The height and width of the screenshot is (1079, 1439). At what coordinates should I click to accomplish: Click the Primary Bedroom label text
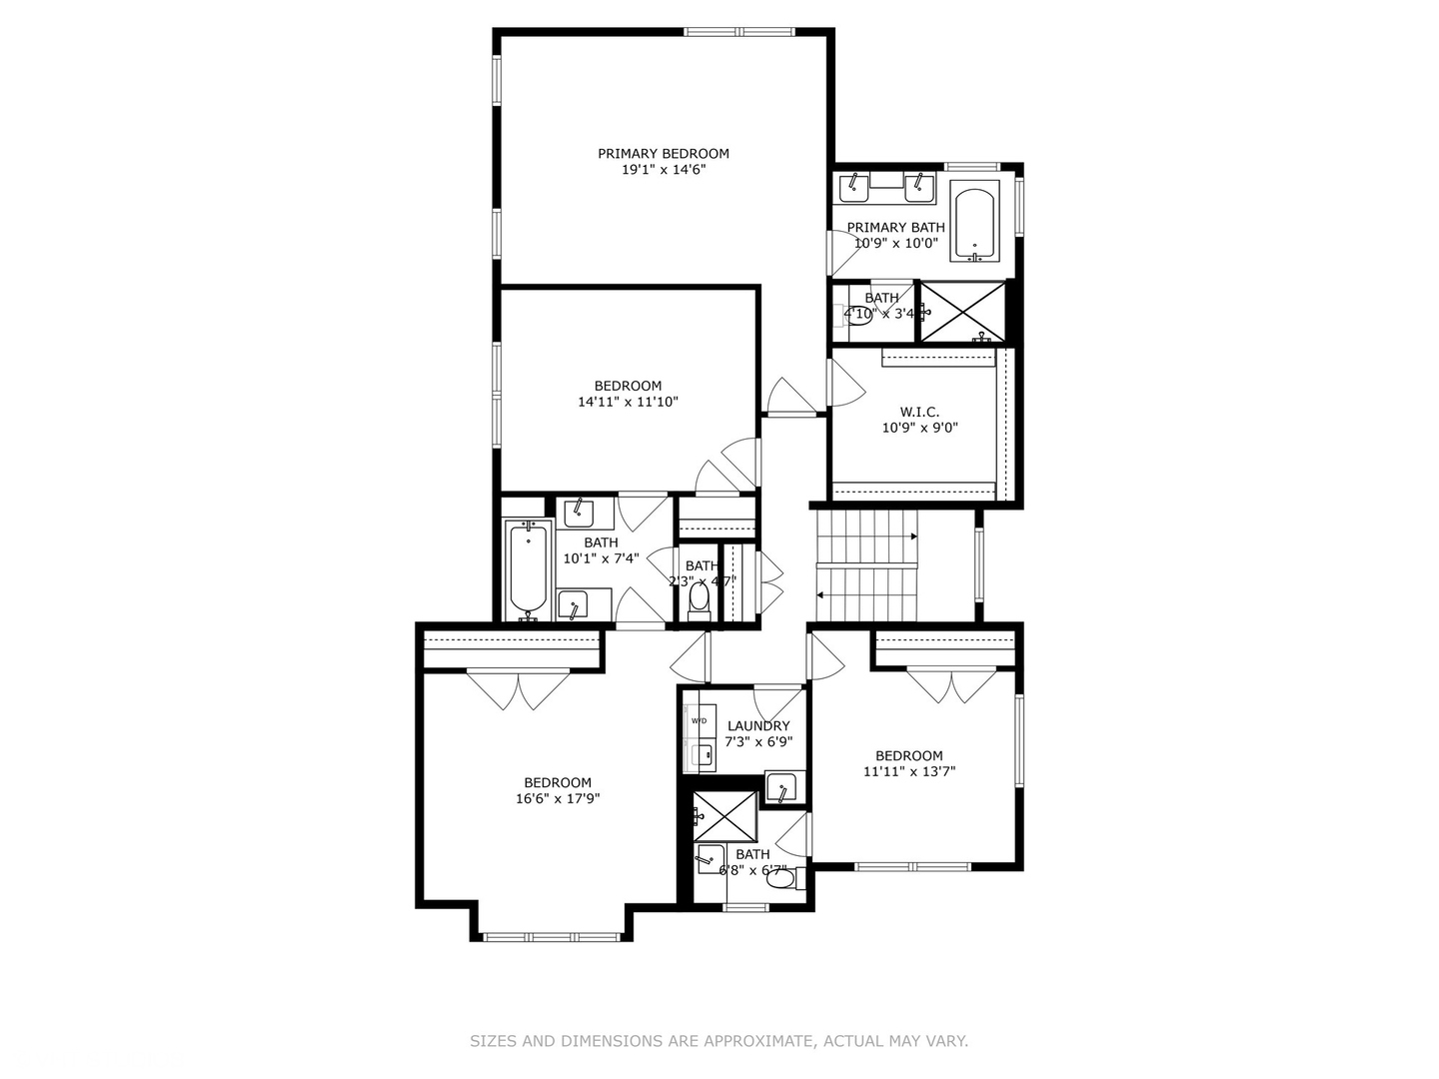(x=663, y=154)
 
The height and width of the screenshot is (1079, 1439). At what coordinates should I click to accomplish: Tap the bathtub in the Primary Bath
(x=974, y=223)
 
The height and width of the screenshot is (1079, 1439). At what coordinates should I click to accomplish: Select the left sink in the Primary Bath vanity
(x=852, y=187)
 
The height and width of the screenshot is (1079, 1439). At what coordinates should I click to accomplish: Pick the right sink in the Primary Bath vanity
(x=918, y=187)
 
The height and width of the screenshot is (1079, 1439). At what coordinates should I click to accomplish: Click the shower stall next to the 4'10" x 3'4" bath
(x=961, y=312)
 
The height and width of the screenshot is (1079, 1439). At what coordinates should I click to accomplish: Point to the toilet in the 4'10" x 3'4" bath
(x=856, y=320)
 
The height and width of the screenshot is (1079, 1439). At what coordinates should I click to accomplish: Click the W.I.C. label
(x=918, y=412)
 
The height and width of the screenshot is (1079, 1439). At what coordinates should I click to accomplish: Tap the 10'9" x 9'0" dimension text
(x=919, y=428)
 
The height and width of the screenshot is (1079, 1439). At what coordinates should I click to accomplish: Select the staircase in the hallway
(x=866, y=565)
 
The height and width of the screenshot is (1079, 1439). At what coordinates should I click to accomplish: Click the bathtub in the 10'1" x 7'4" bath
(x=528, y=569)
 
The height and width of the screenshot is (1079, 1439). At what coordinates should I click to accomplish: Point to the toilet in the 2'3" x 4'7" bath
(x=699, y=599)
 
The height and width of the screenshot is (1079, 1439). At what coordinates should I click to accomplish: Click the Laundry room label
(x=758, y=726)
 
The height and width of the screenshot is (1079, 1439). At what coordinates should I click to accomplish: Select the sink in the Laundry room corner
(x=780, y=788)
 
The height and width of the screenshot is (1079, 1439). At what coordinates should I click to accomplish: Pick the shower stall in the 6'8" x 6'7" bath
(x=725, y=816)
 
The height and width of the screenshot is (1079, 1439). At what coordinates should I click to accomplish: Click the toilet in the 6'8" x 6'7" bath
(x=783, y=878)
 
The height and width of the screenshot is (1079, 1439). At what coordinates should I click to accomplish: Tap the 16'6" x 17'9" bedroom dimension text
(x=558, y=798)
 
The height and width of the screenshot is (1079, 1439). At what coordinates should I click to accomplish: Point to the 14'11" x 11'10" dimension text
(x=628, y=402)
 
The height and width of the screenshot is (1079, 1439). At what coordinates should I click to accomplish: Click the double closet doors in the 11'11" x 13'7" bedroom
(x=951, y=685)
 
